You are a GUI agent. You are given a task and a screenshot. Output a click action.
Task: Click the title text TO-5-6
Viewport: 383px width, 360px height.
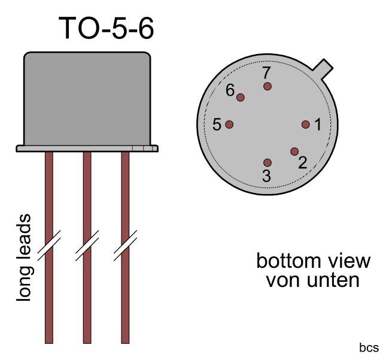pos(107,28)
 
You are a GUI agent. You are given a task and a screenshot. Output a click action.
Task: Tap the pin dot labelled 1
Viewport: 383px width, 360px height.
pos(305,125)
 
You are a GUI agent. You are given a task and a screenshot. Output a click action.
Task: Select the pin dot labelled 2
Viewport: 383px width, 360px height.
pos(294,152)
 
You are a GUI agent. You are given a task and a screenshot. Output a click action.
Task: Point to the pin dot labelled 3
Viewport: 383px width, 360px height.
pos(268,163)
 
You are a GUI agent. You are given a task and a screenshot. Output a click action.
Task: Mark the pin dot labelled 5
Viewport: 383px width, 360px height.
pos(229,125)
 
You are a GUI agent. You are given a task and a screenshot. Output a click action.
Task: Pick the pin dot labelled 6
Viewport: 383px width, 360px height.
pos(241,98)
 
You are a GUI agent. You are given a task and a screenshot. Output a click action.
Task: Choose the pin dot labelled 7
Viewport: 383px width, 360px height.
pos(268,86)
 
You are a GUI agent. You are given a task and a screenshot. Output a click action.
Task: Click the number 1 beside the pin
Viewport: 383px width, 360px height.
pos(318,125)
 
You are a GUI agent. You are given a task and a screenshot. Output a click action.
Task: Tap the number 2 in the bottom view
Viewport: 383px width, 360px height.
pos(302,162)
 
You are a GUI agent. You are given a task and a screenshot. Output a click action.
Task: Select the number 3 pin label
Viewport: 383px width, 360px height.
pos(266,176)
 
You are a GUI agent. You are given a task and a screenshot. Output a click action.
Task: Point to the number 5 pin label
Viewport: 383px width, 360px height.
pos(217,125)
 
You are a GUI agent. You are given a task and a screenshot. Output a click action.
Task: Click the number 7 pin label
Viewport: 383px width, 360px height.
pos(267,73)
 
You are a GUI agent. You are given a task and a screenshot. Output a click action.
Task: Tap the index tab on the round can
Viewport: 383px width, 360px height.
pos(324,68)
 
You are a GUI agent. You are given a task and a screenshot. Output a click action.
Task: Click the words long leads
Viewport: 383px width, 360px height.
pos(24,258)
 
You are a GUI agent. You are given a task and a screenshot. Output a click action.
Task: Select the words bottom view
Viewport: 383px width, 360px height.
pos(313,262)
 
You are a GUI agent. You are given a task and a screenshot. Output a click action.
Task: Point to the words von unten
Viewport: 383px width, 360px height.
pos(313,279)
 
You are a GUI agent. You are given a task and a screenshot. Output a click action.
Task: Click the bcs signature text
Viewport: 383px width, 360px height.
pos(369,347)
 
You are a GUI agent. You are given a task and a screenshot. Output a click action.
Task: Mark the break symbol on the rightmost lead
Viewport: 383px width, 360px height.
pos(125,246)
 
